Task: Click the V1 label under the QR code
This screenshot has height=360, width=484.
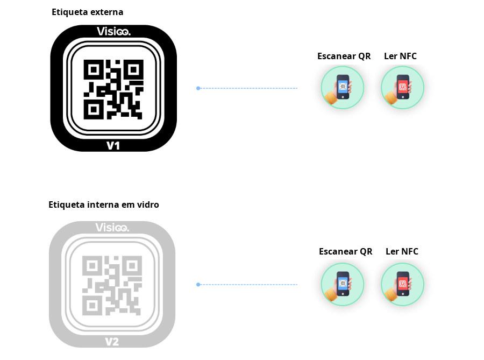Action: pos(113,145)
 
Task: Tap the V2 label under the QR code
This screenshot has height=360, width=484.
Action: pos(112,341)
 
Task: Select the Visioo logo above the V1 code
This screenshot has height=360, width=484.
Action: pos(113,31)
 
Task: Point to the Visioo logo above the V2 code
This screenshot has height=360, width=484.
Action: pos(112,228)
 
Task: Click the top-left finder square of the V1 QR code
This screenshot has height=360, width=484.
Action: pos(94,69)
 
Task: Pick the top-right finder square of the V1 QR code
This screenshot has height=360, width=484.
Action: pos(134,69)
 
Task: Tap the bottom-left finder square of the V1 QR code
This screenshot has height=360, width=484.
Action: pos(94,109)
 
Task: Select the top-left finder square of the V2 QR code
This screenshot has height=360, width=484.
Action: pos(92,266)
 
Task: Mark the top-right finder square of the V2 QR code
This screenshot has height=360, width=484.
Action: pos(132,266)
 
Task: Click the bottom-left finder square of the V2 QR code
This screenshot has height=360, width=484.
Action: pos(92,306)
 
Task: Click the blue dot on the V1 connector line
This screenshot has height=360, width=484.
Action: pos(198,88)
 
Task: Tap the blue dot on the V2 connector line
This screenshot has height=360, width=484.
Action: pos(198,284)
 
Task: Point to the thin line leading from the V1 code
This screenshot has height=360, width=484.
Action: pos(247,88)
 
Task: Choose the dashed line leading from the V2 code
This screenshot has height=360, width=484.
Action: pos(247,284)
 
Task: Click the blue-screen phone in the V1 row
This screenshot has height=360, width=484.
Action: pos(343,86)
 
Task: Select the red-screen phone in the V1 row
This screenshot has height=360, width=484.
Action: pos(403,86)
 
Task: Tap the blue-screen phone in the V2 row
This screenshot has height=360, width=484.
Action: pos(343,282)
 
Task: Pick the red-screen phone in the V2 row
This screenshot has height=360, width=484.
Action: pos(403,282)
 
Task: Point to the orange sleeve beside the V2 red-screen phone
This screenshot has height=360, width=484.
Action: pos(391,293)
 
